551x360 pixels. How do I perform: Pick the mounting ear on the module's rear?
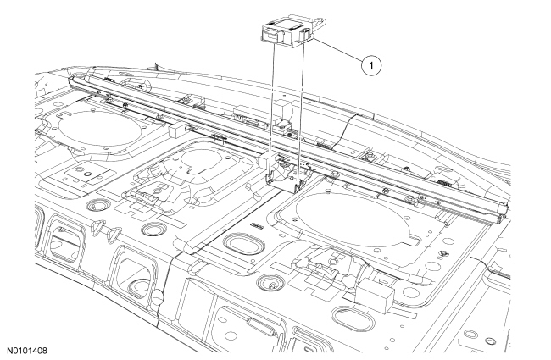coord(306,35)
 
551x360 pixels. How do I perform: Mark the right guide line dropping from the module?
coord(297,102)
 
